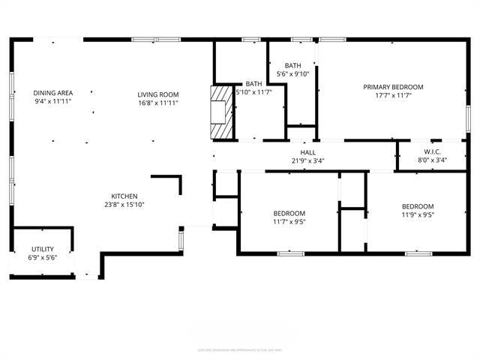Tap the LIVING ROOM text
point(158,94)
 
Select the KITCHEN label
point(124,196)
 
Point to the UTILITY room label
point(42,249)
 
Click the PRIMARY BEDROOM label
point(393,87)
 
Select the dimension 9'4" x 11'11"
point(52,101)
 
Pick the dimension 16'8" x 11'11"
point(158,102)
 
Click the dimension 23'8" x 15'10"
point(124,204)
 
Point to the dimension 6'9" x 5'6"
point(42,257)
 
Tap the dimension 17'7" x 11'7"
point(393,96)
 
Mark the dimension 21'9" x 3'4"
point(307,160)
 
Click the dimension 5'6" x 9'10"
point(292,73)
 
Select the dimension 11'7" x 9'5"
point(289,221)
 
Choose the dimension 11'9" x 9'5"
point(417,215)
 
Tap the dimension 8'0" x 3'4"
point(431,160)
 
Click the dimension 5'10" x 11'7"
point(255,92)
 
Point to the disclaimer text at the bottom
point(240,349)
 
